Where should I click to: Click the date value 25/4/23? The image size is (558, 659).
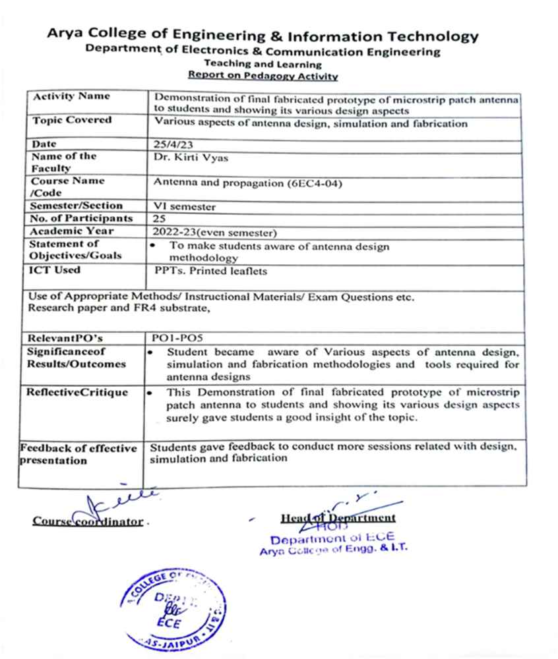tap(168, 144)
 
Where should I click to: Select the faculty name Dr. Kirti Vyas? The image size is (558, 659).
tap(183, 157)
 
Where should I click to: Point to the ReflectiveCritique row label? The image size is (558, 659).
tap(77, 393)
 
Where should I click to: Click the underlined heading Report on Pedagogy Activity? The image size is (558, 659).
tap(263, 76)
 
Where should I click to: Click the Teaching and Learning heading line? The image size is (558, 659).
tap(263, 65)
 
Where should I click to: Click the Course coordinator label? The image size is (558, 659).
tap(88, 522)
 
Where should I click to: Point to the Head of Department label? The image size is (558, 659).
tap(338, 518)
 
